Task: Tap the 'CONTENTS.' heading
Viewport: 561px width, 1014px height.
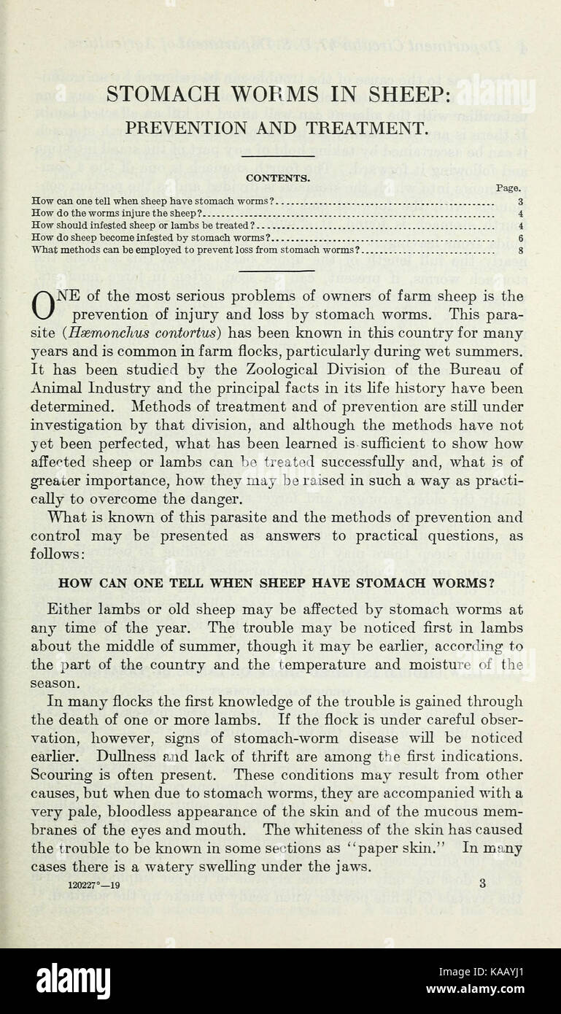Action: [278, 177]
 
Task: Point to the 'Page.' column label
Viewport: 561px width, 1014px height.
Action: [508, 188]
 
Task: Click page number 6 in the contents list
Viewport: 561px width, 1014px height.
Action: [520, 238]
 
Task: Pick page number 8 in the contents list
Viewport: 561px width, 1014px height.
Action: [520, 250]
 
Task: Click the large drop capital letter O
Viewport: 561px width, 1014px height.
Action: [43, 304]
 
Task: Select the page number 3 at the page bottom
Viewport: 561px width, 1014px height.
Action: [482, 883]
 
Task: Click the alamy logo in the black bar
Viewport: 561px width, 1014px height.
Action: [74, 980]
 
